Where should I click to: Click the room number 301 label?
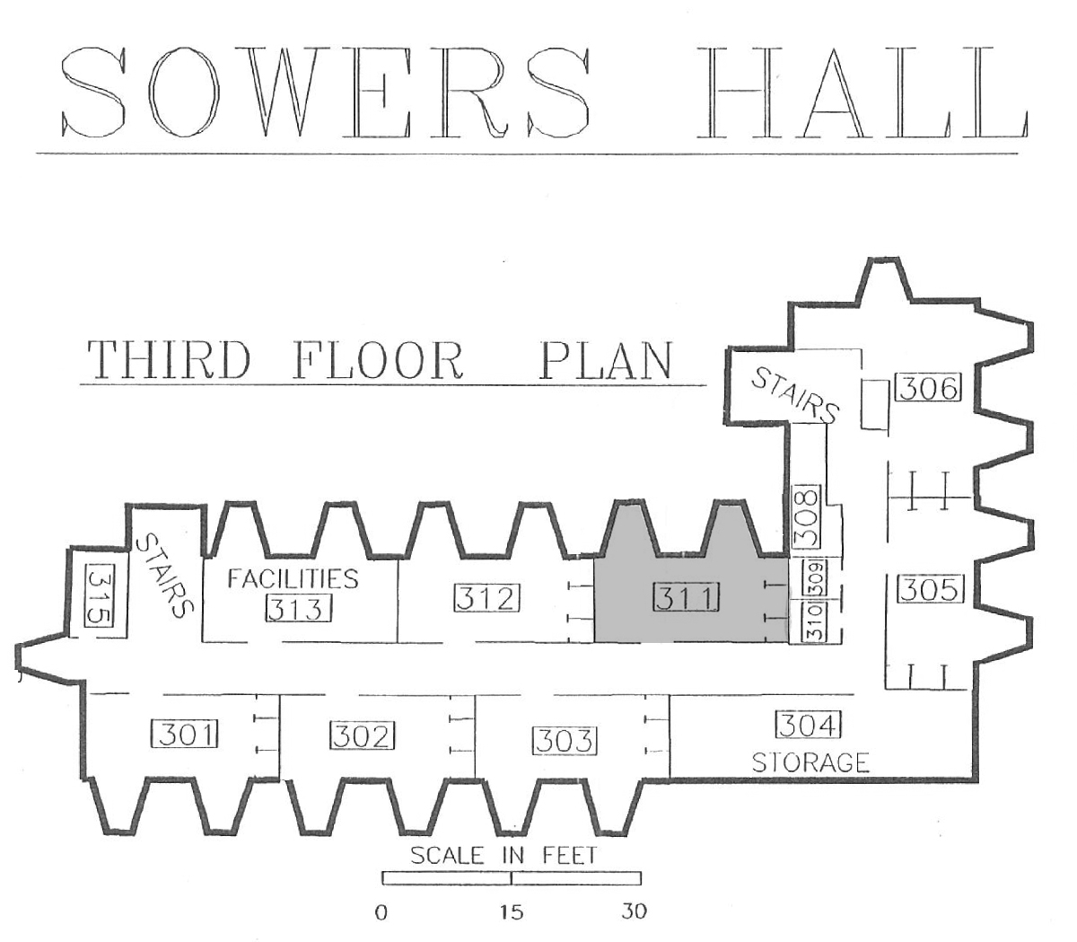point(184,734)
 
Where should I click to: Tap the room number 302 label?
point(363,735)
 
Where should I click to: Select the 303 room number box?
point(565,741)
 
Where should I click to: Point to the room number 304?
point(809,725)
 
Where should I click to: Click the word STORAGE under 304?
point(810,762)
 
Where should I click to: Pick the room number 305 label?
point(929,590)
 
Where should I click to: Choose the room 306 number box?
point(929,388)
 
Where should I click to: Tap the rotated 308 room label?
point(807,516)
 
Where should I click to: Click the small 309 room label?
point(815,577)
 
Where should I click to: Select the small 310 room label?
point(813,622)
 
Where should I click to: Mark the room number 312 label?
point(486,598)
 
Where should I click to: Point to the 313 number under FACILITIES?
point(300,608)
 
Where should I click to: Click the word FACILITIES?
point(293,578)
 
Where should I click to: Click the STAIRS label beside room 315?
point(165,576)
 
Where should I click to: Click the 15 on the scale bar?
point(512,911)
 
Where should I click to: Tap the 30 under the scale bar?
point(634,911)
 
